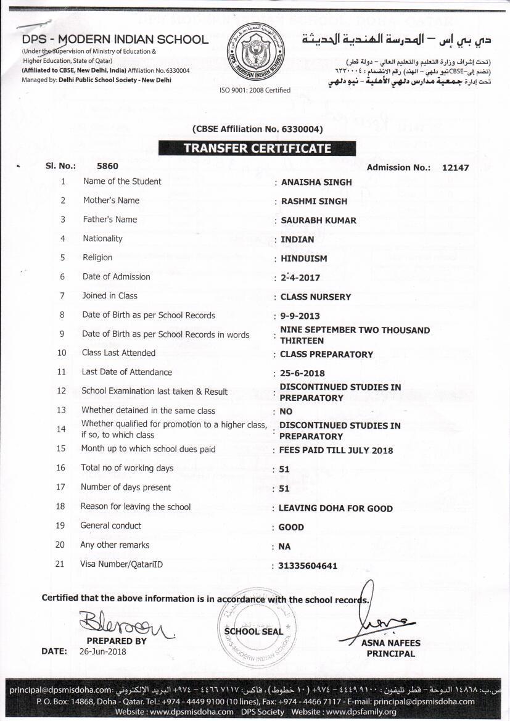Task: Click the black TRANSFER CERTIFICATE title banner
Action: point(257,148)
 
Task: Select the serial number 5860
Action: point(107,166)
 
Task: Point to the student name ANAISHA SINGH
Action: point(316,182)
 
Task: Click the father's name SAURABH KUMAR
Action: point(318,220)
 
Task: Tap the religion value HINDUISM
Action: point(303,258)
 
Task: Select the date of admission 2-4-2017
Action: point(300,278)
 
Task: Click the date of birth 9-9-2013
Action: point(300,316)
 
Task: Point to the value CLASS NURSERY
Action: point(315,297)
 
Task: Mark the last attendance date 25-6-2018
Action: point(302,373)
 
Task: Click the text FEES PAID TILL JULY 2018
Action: point(335,450)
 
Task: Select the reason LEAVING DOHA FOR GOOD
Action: point(335,508)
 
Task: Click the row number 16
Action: point(60,468)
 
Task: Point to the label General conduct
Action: point(110,525)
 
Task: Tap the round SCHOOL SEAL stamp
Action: point(253,630)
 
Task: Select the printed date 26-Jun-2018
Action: point(102,651)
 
